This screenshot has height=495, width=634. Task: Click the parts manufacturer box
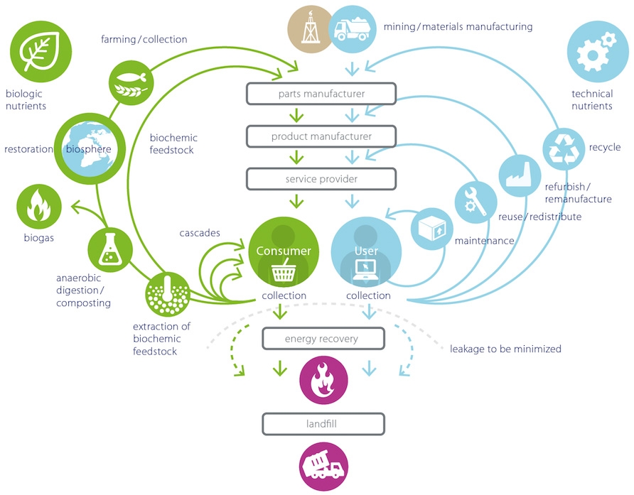click(321, 94)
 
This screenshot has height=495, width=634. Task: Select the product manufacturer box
click(321, 136)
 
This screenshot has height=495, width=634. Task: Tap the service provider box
click(321, 179)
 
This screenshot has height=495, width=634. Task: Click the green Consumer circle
click(283, 253)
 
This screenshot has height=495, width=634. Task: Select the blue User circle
click(367, 253)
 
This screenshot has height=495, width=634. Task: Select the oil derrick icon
click(311, 29)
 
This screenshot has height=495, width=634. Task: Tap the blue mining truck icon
click(353, 29)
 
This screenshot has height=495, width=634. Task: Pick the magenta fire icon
click(323, 380)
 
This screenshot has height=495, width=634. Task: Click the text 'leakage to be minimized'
click(505, 349)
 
